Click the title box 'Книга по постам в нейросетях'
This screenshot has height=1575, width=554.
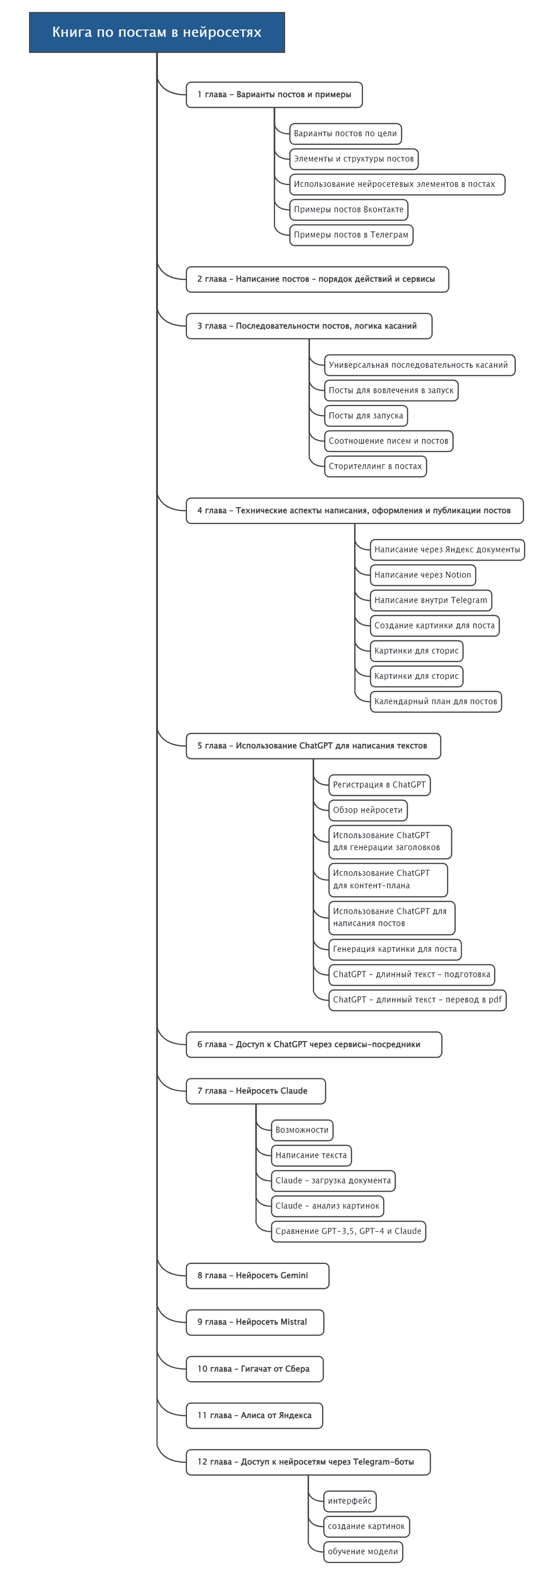[157, 32]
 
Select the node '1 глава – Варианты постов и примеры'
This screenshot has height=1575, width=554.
[274, 95]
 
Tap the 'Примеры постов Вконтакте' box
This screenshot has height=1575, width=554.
[349, 209]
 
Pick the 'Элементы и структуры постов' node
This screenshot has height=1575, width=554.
[354, 159]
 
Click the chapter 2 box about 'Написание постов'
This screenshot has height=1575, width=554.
[317, 279]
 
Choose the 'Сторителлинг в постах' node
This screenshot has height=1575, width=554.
[375, 466]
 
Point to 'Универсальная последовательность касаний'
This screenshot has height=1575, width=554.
[418, 365]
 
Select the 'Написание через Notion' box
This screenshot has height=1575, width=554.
[422, 575]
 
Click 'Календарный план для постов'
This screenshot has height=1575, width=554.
[435, 701]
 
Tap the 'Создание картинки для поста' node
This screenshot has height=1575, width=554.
[434, 625]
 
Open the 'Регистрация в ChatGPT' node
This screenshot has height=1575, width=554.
[379, 785]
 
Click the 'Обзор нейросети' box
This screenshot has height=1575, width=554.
[367, 810]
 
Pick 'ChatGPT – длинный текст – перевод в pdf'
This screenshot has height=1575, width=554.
[417, 1000]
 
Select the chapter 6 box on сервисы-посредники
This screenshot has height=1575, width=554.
[313, 1044]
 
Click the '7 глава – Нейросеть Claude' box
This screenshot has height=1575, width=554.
[256, 1091]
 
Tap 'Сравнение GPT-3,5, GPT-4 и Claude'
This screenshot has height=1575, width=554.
[348, 1231]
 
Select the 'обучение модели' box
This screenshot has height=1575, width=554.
[362, 1551]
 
